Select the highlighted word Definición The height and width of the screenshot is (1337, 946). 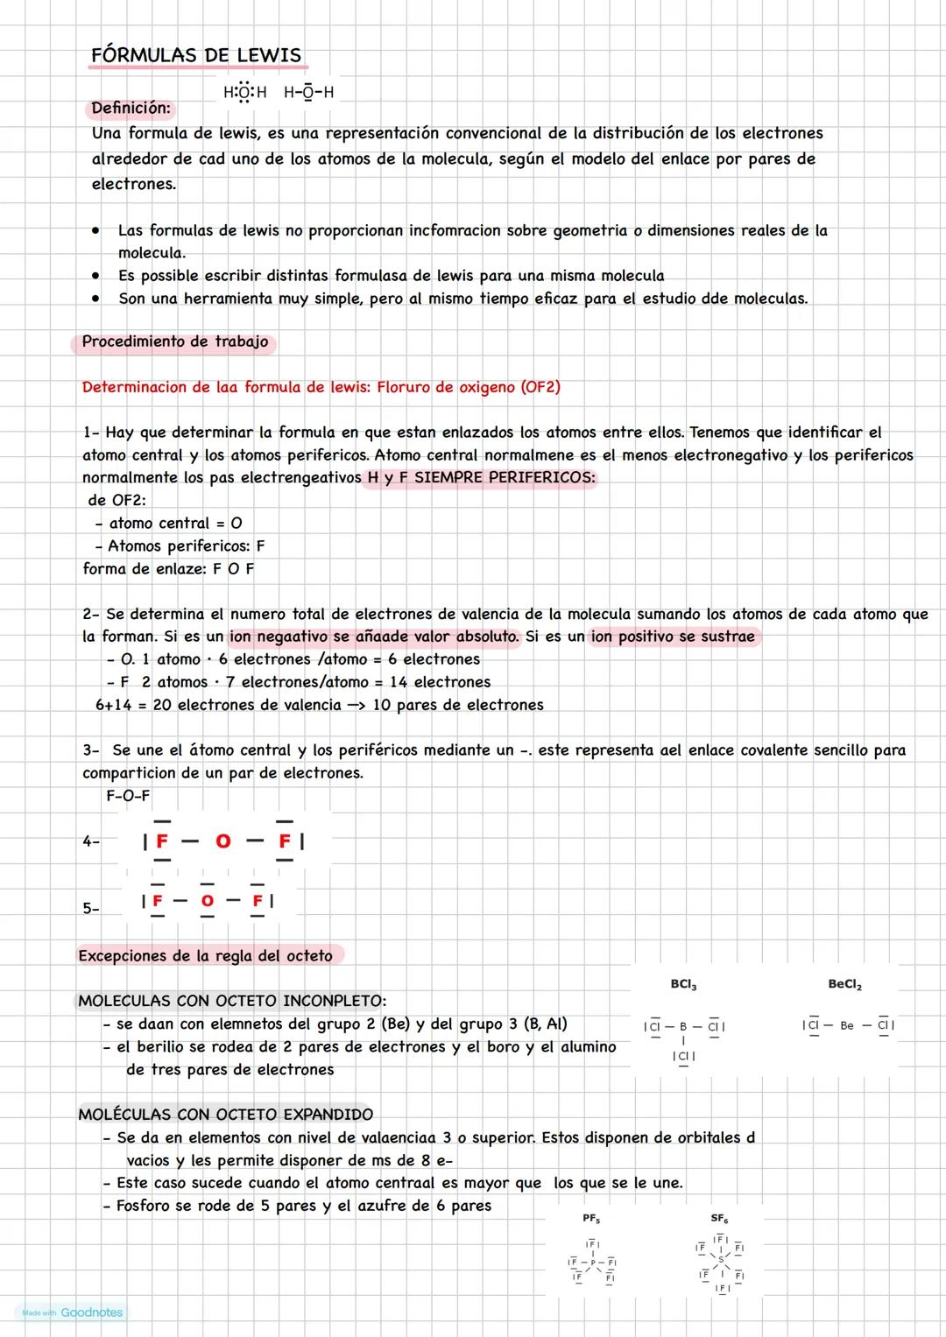click(x=131, y=109)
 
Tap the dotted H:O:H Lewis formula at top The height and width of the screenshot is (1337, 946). click(x=244, y=93)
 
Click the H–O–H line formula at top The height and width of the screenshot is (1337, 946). click(x=308, y=93)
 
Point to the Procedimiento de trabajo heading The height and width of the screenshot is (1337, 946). click(x=174, y=342)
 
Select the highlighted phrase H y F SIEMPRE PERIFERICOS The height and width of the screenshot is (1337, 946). click(x=478, y=478)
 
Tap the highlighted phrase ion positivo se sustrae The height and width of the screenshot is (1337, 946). click(x=673, y=637)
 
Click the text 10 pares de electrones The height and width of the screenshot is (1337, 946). click(x=457, y=705)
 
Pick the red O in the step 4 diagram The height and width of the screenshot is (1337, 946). click(x=223, y=841)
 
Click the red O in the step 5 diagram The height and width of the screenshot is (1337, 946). click(x=207, y=901)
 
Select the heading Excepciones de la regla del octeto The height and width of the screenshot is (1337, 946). click(x=205, y=956)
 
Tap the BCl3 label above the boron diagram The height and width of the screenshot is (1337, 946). click(x=683, y=985)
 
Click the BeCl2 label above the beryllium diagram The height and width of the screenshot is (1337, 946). click(x=844, y=985)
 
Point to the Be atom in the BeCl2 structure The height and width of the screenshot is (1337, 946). click(x=846, y=1025)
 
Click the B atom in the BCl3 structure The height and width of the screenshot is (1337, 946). click(x=683, y=1026)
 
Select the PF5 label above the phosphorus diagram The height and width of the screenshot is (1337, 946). click(x=591, y=1219)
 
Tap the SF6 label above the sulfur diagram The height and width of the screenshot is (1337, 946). click(x=719, y=1219)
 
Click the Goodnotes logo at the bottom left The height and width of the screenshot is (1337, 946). click(x=91, y=1312)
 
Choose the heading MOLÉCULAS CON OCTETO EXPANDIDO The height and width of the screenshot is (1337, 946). click(x=225, y=1115)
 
